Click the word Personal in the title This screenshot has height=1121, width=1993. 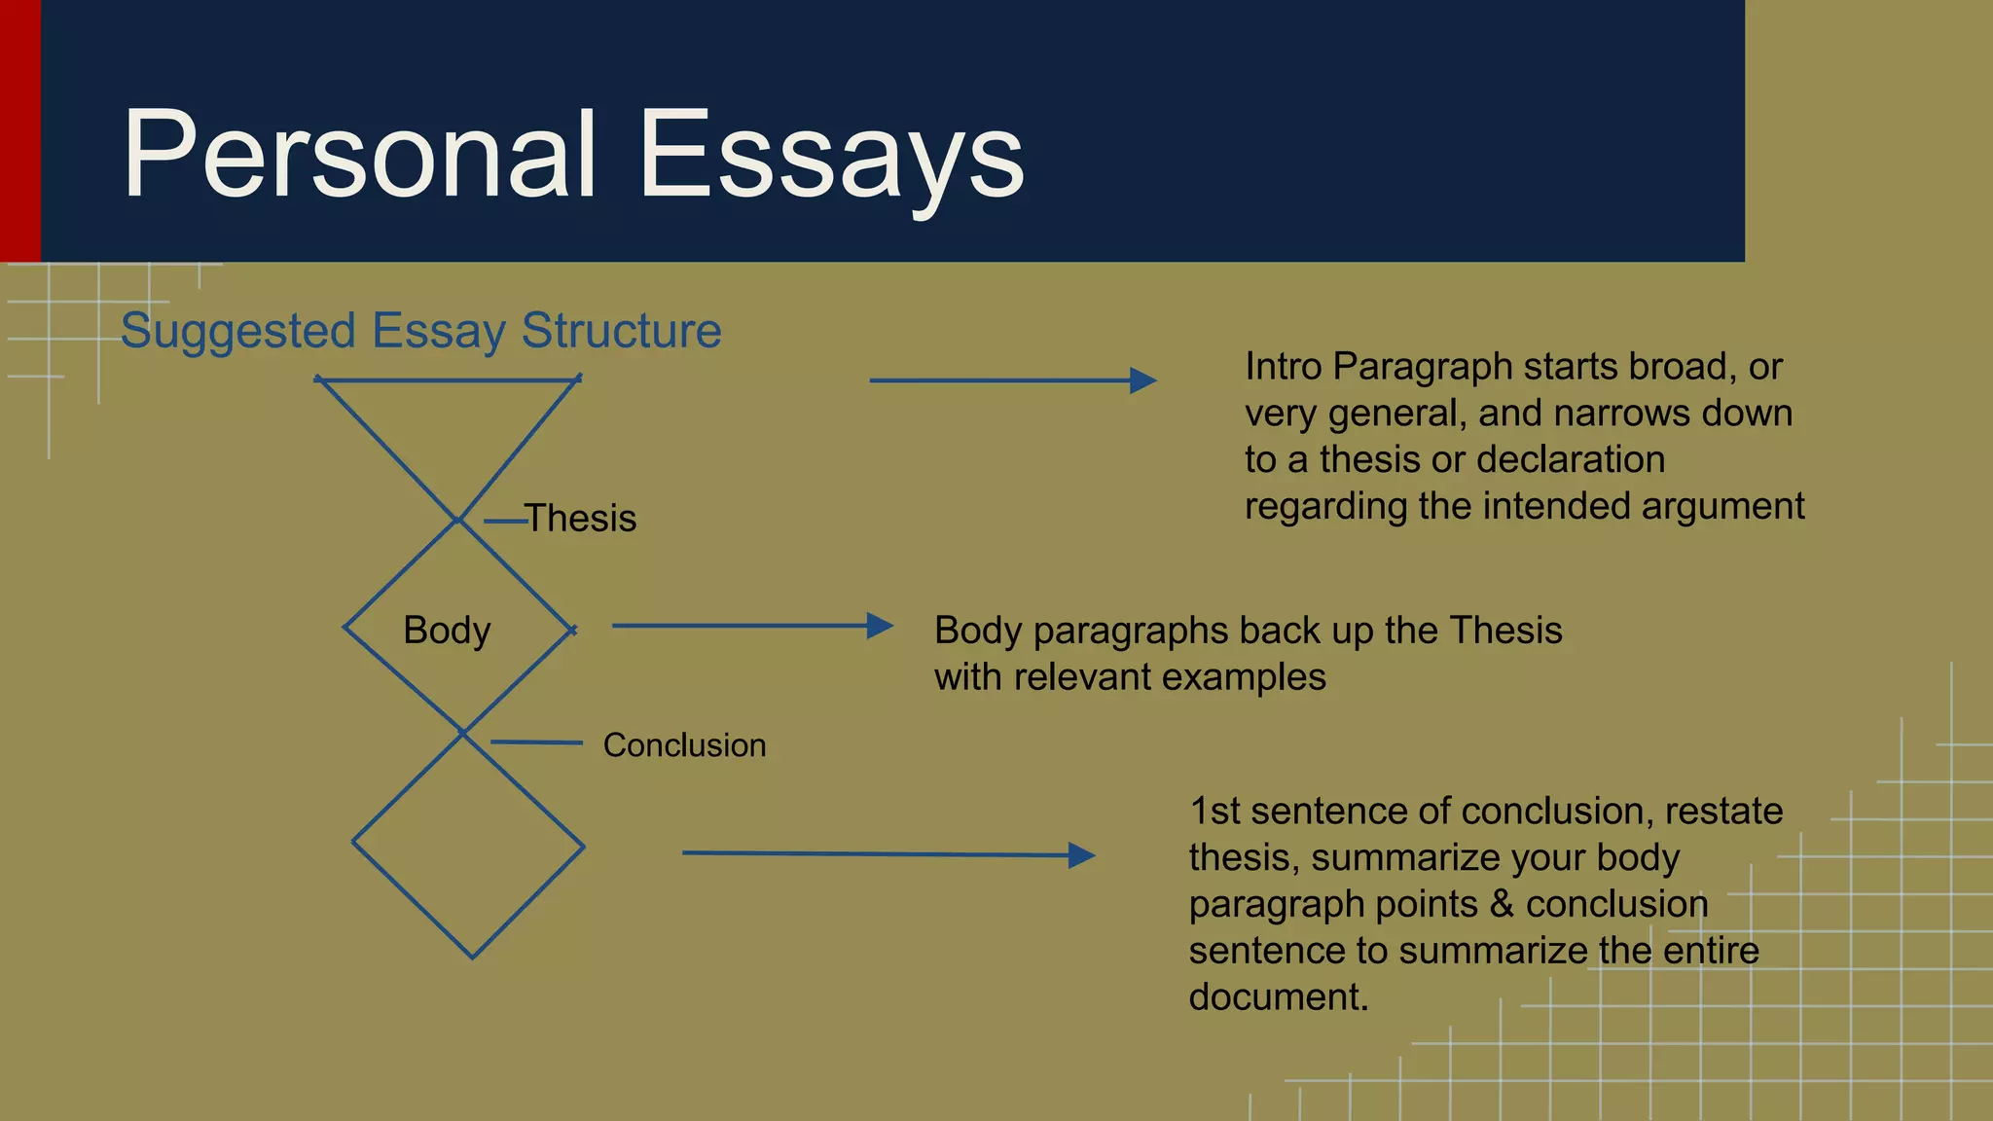pyautogui.click(x=358, y=156)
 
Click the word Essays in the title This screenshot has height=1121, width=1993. pyautogui.click(x=831, y=156)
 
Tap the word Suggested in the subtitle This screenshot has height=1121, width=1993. pyautogui.click(x=238, y=331)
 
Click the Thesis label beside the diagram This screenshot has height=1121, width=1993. pyautogui.click(x=580, y=519)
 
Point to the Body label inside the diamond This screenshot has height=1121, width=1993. pyautogui.click(x=447, y=631)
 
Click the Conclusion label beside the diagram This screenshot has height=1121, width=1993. pyautogui.click(x=684, y=745)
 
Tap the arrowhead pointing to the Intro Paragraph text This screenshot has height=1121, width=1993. pyautogui.click(x=1143, y=380)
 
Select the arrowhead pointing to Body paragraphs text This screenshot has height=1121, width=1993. pyautogui.click(x=880, y=626)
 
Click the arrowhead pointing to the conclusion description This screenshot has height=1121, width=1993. pyautogui.click(x=1081, y=855)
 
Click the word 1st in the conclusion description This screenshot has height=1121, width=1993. pyautogui.click(x=1214, y=811)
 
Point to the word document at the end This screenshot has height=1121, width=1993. pyautogui.click(x=1277, y=997)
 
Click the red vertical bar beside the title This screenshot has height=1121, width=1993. pyautogui.click(x=19, y=130)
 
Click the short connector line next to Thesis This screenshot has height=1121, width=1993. pyautogui.click(x=505, y=522)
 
